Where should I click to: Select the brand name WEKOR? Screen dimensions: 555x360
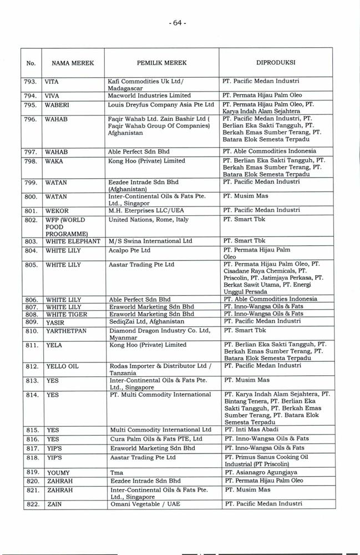(x=57, y=210)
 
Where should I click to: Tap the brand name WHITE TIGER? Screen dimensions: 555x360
(x=68, y=314)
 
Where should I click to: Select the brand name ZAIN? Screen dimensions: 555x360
(x=53, y=504)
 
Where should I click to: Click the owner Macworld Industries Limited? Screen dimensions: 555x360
(x=149, y=95)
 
